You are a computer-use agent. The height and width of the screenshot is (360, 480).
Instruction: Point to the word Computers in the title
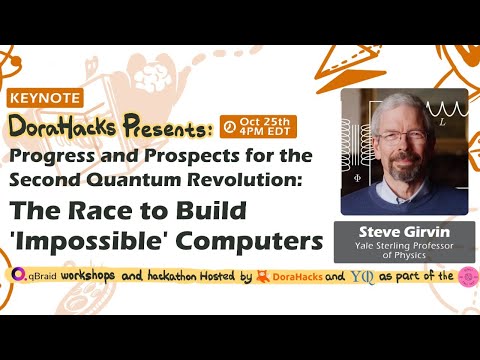tap(246, 243)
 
